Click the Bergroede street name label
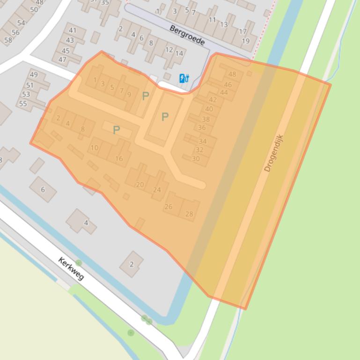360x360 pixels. point(187,36)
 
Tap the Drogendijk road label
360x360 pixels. point(274,153)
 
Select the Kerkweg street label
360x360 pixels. point(71,269)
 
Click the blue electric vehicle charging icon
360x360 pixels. point(184,79)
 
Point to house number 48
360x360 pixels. point(232,74)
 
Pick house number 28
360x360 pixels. point(189,214)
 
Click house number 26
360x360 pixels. point(169,207)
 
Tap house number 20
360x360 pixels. point(140,185)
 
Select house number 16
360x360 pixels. point(119,159)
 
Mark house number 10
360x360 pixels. point(95,148)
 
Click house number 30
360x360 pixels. point(196,158)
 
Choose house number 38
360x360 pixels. point(206,120)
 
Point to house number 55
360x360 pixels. point(23,103)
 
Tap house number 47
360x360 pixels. point(62,59)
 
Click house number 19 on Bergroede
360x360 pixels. point(246,41)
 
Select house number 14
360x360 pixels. point(179,53)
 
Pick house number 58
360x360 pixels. point(8,40)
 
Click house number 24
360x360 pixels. point(157,190)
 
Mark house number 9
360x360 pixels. point(129,94)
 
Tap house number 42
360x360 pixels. point(213,100)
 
